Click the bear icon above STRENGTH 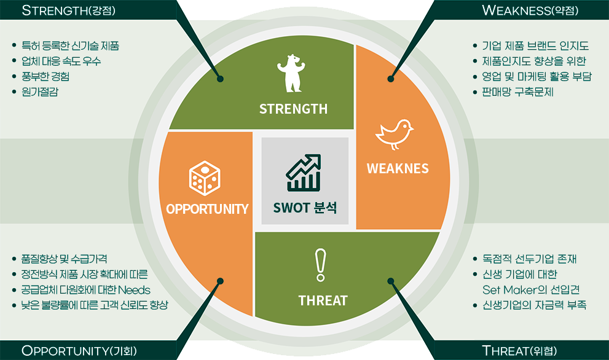tap(291, 73)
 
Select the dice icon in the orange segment tap(205, 178)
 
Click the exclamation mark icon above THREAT tap(320, 265)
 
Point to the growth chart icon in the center tap(304, 173)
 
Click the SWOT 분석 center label tap(305, 208)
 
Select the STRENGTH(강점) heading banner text tap(69, 10)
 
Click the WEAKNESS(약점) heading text tap(530, 10)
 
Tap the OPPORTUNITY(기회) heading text tap(79, 351)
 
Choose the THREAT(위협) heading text tap(519, 351)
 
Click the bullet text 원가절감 tap(40, 92)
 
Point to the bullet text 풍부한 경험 tap(45, 77)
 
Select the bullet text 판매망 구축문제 tap(517, 92)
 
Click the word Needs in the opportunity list tap(134, 290)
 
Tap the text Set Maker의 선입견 tap(531, 290)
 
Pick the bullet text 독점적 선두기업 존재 tap(529, 259)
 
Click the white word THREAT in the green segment tap(323, 300)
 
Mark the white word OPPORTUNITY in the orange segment tap(207, 209)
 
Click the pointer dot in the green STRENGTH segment tap(220, 79)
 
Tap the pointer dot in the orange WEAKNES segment tap(391, 79)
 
